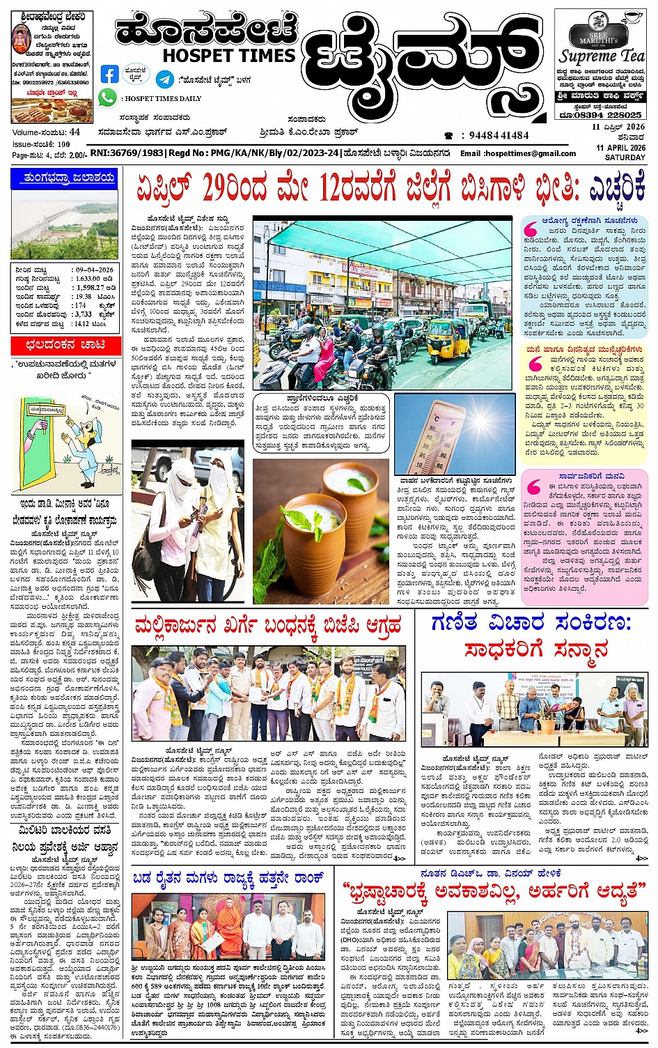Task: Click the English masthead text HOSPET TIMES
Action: [x=229, y=55]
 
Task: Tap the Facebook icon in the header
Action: [x=109, y=75]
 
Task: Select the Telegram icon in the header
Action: [x=164, y=79]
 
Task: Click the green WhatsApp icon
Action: [x=107, y=98]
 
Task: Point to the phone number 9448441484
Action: [x=498, y=136]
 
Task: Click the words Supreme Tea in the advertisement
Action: [x=602, y=56]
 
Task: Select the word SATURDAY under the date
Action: [x=625, y=157]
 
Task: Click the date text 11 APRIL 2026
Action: [x=620, y=148]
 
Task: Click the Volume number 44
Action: [x=75, y=132]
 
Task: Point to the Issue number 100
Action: [x=64, y=144]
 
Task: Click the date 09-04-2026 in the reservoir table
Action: [x=95, y=269]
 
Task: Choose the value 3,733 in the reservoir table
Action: [x=83, y=314]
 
